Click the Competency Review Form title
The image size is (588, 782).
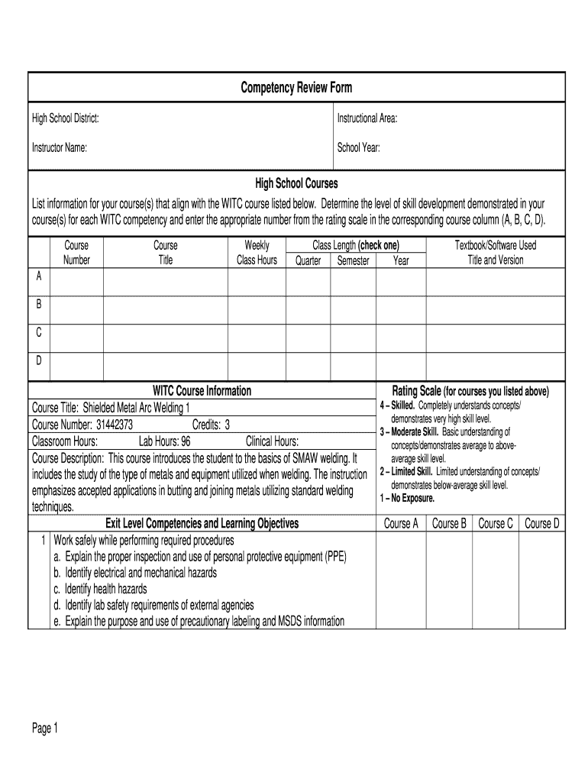(296, 88)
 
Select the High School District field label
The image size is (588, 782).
(65, 118)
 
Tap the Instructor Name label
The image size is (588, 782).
(59, 148)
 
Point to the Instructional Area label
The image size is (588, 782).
(367, 118)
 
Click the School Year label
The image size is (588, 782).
(359, 148)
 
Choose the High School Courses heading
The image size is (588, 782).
(296, 184)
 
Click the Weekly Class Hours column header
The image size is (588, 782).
(257, 253)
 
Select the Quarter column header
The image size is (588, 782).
(308, 260)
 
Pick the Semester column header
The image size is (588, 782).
(353, 260)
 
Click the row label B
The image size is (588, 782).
(39, 304)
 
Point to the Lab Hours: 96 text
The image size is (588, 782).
(164, 441)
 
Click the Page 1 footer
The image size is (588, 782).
(45, 729)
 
